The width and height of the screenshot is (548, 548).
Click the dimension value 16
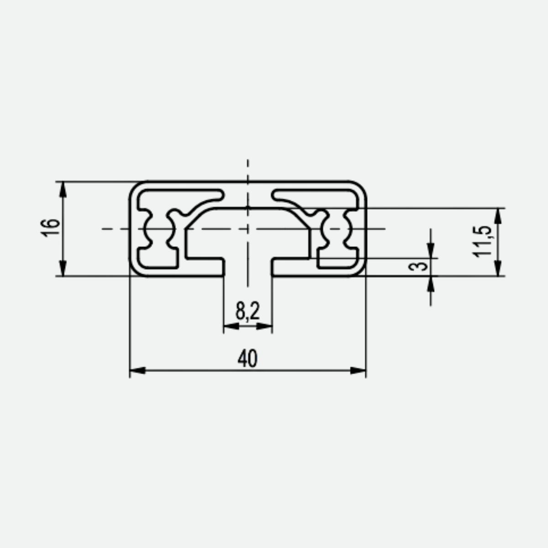(x=50, y=228)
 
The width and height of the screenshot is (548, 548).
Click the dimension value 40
(x=248, y=358)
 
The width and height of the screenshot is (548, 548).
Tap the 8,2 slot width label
(x=248, y=311)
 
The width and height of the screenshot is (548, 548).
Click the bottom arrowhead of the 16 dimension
(x=63, y=268)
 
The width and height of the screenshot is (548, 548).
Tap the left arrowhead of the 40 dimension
(x=137, y=370)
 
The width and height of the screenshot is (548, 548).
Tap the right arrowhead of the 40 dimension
(x=358, y=370)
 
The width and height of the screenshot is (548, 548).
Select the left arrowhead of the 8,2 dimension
(x=232, y=326)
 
